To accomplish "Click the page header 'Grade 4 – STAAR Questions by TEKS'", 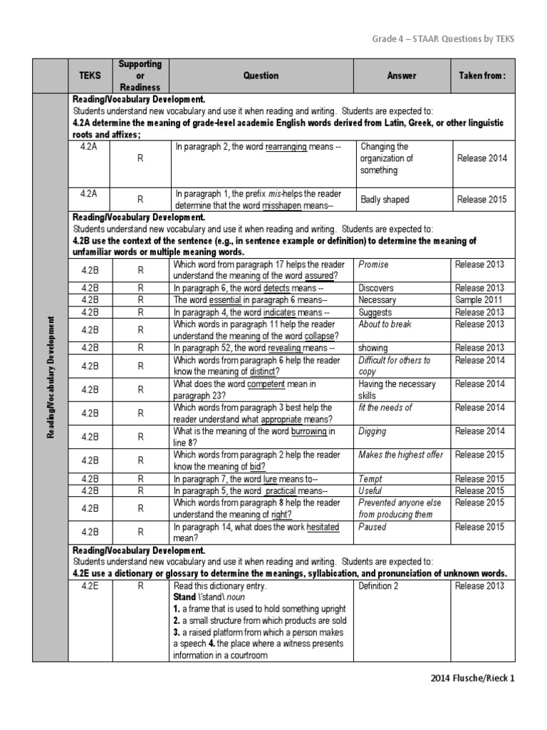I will click(x=442, y=38).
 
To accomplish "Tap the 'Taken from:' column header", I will click(x=481, y=76).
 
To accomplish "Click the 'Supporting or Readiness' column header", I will click(x=140, y=76).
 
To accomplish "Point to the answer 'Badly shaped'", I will click(x=385, y=200).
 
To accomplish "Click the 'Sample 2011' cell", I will click(x=480, y=300).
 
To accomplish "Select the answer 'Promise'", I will click(x=375, y=264).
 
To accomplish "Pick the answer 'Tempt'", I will click(x=371, y=479).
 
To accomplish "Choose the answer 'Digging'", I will click(x=373, y=431).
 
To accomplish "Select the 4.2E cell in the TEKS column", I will click(x=89, y=586).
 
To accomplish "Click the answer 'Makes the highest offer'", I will click(x=400, y=455).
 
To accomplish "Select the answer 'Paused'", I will click(x=373, y=527).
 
